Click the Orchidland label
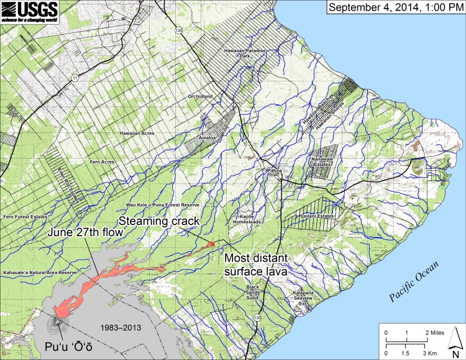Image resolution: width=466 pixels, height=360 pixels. click(x=200, y=96)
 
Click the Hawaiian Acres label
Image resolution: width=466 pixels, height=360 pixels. click(x=137, y=133)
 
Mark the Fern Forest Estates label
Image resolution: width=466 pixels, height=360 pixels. click(x=25, y=216)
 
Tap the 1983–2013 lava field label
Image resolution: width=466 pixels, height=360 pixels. click(x=117, y=326)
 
